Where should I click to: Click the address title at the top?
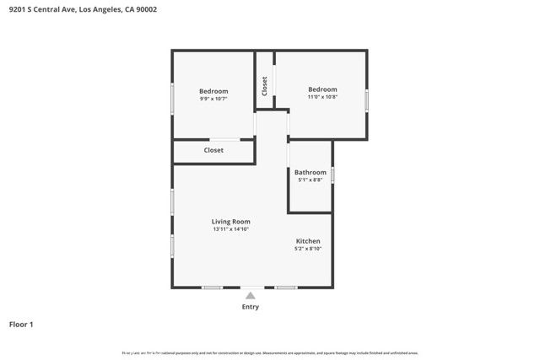82,9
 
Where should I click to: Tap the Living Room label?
230,222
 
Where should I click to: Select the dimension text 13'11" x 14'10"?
230,229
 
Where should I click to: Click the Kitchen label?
308,241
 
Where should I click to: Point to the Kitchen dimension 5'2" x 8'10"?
308,249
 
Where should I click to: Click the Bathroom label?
310,172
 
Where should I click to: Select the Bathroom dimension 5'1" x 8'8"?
310,180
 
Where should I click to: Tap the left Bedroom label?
213,91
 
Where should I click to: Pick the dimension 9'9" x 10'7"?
213,99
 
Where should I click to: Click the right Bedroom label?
322,89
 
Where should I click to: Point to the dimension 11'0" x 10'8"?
322,97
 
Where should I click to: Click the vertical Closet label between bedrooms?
265,86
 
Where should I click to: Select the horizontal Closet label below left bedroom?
213,150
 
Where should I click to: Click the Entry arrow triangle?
250,295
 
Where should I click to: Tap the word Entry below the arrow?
250,307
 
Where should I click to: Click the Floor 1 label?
21,324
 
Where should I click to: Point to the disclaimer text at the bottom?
270,353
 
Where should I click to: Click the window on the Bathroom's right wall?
332,175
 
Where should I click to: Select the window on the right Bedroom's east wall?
366,99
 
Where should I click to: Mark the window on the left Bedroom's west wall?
173,99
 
